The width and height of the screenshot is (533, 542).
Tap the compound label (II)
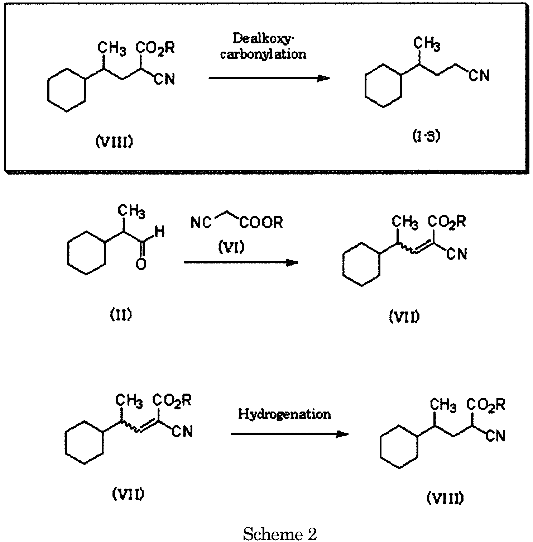pyautogui.click(x=121, y=315)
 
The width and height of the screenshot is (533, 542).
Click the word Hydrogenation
pyautogui.click(x=285, y=414)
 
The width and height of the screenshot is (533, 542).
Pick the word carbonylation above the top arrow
pyautogui.click(x=263, y=54)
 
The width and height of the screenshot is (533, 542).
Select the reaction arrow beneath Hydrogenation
pyautogui.click(x=290, y=434)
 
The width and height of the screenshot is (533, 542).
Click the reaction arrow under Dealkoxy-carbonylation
pyautogui.click(x=269, y=78)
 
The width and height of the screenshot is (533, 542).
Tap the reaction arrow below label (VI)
pyautogui.click(x=241, y=263)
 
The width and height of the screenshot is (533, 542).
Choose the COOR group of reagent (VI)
pyautogui.click(x=261, y=223)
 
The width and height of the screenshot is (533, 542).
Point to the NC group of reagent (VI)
pyautogui.click(x=201, y=223)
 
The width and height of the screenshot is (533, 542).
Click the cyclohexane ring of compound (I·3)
pyautogui.click(x=383, y=86)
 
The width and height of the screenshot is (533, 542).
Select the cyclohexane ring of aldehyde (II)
pyautogui.click(x=86, y=253)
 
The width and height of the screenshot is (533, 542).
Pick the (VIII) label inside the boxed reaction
pyautogui.click(x=114, y=143)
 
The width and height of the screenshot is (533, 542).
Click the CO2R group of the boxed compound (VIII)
pyautogui.click(x=155, y=48)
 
